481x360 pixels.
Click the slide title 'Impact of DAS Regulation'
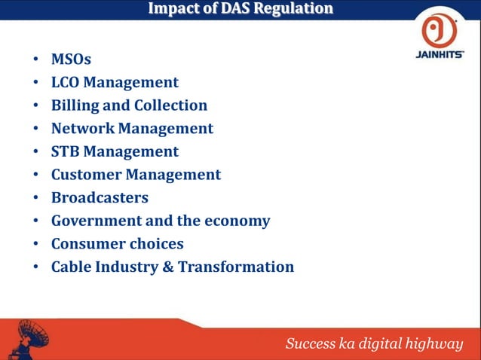240,9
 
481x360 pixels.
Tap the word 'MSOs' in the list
71,59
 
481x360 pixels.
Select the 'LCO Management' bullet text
115,82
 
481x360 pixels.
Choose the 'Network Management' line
132,129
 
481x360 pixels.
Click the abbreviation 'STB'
65,151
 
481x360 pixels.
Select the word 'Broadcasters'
100,198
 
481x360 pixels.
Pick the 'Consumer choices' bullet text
117,244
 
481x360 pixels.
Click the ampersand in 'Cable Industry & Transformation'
168,267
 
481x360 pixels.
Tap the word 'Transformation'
236,267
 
